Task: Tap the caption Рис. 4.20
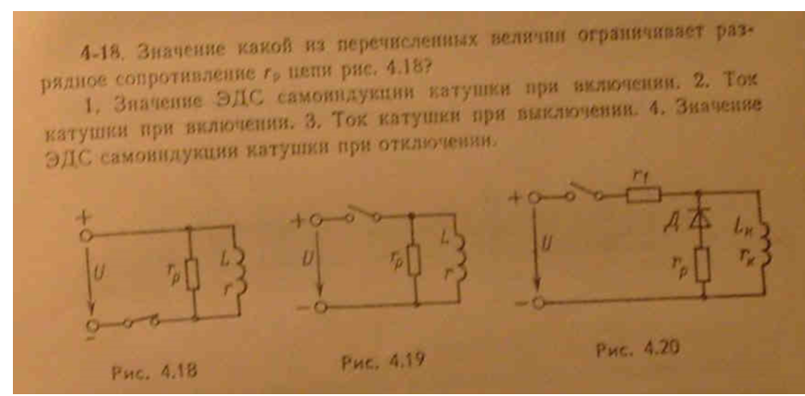click(x=627, y=349)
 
